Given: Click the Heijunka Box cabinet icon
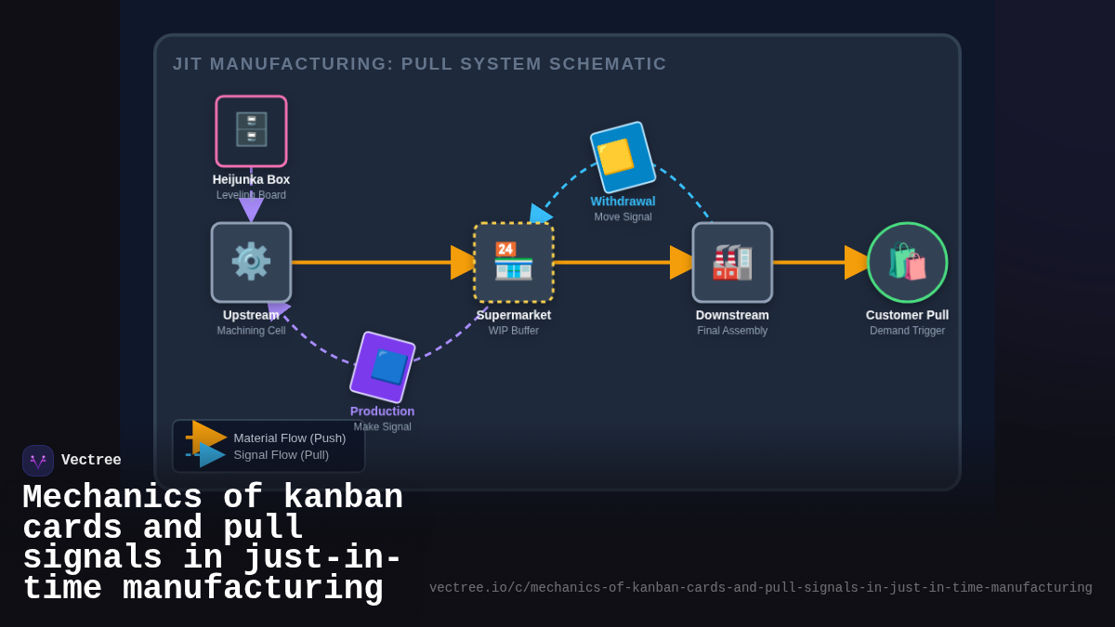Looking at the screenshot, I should pyautogui.click(x=251, y=131).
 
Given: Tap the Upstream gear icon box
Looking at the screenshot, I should pyautogui.click(x=251, y=262).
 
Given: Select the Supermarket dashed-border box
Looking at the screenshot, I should pyautogui.click(x=514, y=262).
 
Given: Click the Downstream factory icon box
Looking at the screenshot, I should pyautogui.click(x=732, y=262).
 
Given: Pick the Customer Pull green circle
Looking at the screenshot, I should pyautogui.click(x=907, y=262).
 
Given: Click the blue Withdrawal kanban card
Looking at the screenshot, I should pyautogui.click(x=623, y=157).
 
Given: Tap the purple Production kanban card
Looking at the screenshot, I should pyautogui.click(x=383, y=367).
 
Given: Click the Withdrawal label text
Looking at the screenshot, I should pyautogui.click(x=623, y=202).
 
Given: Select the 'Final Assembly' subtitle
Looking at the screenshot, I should pyautogui.click(x=732, y=331).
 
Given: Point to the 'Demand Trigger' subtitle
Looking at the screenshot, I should pyautogui.click(x=907, y=331).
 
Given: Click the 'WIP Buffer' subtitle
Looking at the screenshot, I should pyautogui.click(x=514, y=331).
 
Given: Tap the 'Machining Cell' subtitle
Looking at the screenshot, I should pyautogui.click(x=251, y=331).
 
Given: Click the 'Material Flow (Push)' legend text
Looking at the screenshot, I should pyautogui.click(x=289, y=438).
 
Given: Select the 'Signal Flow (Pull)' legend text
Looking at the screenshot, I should pyautogui.click(x=281, y=455).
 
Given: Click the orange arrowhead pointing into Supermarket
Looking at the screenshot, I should pyautogui.click(x=463, y=262).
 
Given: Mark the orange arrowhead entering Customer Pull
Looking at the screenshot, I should pyautogui.click(x=856, y=262).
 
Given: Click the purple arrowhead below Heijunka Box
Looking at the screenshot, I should pyautogui.click(x=251, y=209).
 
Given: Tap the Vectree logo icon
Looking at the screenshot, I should pyautogui.click(x=38, y=461).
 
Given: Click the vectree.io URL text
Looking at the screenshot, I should pyautogui.click(x=760, y=588).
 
